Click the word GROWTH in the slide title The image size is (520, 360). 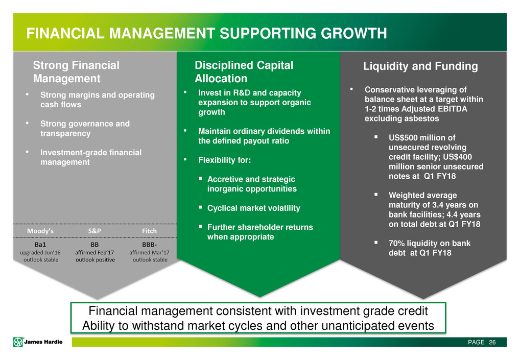pos(353,33)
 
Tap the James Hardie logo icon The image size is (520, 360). pos(18,342)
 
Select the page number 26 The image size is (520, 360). pos(492,342)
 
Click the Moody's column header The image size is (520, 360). pos(40,231)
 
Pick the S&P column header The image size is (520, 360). pos(94,231)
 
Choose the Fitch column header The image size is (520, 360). pos(149,231)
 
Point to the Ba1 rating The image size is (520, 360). pos(40,245)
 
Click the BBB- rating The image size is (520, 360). pos(149,245)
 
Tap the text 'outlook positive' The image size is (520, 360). pos(95,260)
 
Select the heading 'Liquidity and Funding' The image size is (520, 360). pos(420,66)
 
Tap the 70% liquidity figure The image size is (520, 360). pos(396,243)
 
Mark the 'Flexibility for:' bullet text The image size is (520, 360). pos(225,160)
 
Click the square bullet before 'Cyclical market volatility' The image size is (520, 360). pos(201,207)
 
